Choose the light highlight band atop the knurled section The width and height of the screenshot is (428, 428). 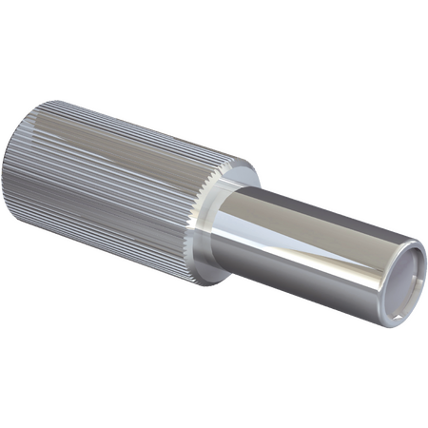[143, 124]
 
